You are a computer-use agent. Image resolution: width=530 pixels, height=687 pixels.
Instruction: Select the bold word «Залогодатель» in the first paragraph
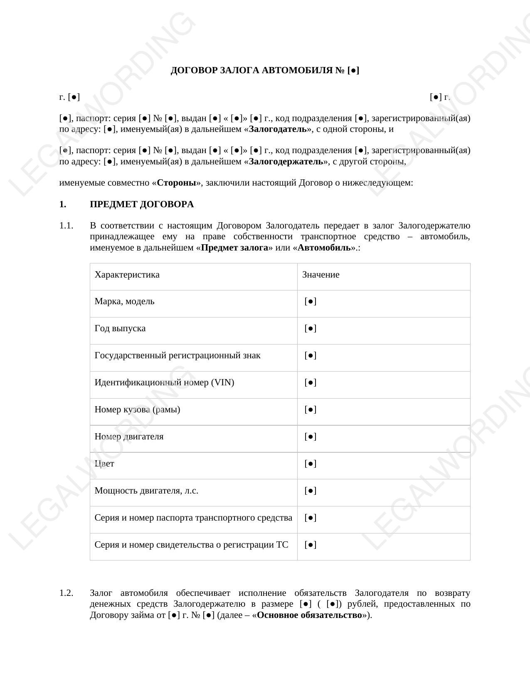coord(279,129)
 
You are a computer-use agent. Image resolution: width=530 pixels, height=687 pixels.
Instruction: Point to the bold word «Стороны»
coord(176,183)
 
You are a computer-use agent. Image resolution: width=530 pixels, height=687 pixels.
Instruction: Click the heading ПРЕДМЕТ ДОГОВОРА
coord(142,204)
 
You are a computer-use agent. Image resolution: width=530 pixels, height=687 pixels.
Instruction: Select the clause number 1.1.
coord(66,226)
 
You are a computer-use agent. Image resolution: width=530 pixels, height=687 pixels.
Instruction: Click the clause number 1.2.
coord(66,593)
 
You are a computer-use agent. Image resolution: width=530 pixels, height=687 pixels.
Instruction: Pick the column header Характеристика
coord(127,275)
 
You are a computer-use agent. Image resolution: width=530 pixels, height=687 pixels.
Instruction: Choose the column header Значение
coord(320,275)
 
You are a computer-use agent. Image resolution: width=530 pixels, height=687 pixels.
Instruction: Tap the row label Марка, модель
coord(124,301)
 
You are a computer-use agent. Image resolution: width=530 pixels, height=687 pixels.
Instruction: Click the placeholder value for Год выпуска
coord(311,328)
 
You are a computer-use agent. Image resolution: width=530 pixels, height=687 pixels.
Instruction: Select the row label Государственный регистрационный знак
coord(177,355)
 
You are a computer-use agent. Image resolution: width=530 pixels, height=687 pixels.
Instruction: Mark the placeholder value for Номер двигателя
coord(311,437)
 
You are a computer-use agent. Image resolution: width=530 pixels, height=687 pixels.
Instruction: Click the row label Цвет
coord(104,464)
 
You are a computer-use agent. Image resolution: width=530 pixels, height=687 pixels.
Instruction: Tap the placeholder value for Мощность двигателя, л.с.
coord(311,491)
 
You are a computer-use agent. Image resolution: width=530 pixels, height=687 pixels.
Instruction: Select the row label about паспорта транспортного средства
coord(193,518)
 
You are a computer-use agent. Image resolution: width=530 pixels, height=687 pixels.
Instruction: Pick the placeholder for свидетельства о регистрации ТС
coord(311,545)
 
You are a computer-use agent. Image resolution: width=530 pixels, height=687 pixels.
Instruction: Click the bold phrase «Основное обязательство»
coord(309,615)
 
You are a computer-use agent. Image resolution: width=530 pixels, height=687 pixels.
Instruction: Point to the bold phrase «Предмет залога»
coord(234,248)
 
